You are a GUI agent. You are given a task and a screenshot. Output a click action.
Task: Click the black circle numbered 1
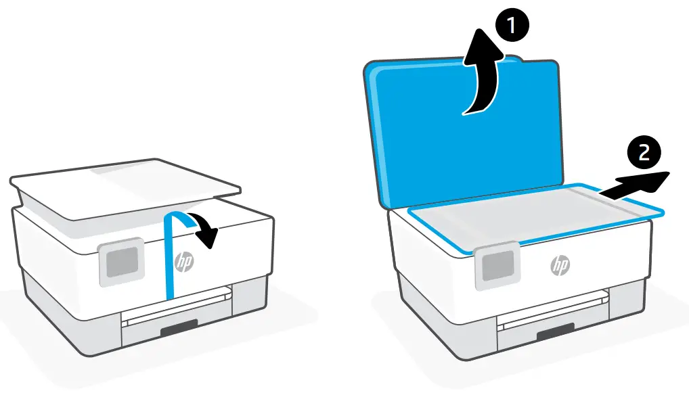512,26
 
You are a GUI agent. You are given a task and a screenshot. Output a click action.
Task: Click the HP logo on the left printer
184,263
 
